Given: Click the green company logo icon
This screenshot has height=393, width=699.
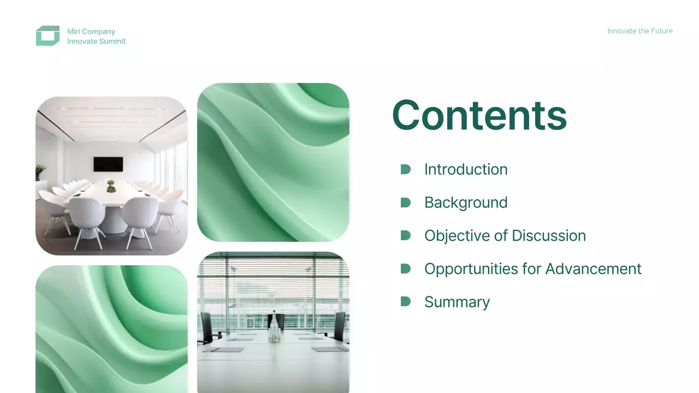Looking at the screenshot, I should [48, 36].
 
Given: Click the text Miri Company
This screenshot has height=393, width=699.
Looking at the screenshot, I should [91, 32].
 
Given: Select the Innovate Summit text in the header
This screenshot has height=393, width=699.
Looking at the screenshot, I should [97, 41].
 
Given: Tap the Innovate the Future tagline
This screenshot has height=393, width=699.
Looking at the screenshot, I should [639, 31].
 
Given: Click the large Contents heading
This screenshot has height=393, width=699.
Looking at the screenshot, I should [479, 115].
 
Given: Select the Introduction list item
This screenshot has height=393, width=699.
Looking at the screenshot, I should [466, 170].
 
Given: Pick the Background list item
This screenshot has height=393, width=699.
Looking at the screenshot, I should [466, 203].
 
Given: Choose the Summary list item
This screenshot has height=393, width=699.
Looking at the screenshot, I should [457, 302].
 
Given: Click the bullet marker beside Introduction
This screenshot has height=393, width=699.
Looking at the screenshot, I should [405, 169].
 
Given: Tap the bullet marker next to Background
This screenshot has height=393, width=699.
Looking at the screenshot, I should [405, 203].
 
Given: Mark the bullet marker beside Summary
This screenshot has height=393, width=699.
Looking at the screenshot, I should [405, 301].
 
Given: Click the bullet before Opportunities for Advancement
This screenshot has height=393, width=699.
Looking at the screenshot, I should [405, 269].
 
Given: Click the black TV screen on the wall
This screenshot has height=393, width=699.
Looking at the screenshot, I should [108, 164].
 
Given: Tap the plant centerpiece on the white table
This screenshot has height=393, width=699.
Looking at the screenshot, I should [111, 186].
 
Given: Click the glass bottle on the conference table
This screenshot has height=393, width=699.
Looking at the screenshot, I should [273, 330].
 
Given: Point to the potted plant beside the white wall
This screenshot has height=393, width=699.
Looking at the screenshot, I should [41, 173].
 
